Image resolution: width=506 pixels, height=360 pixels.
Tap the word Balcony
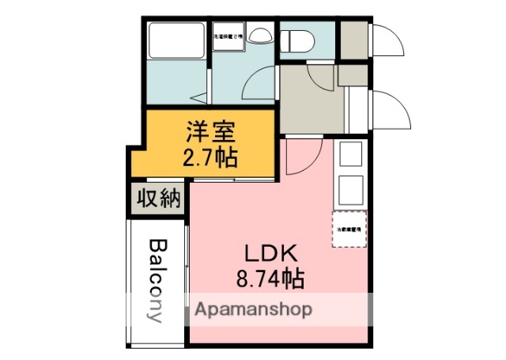(x=157, y=280)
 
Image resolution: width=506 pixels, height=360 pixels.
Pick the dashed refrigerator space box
(x=349, y=229)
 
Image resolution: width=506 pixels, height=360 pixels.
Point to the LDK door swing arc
(x=305, y=159)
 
